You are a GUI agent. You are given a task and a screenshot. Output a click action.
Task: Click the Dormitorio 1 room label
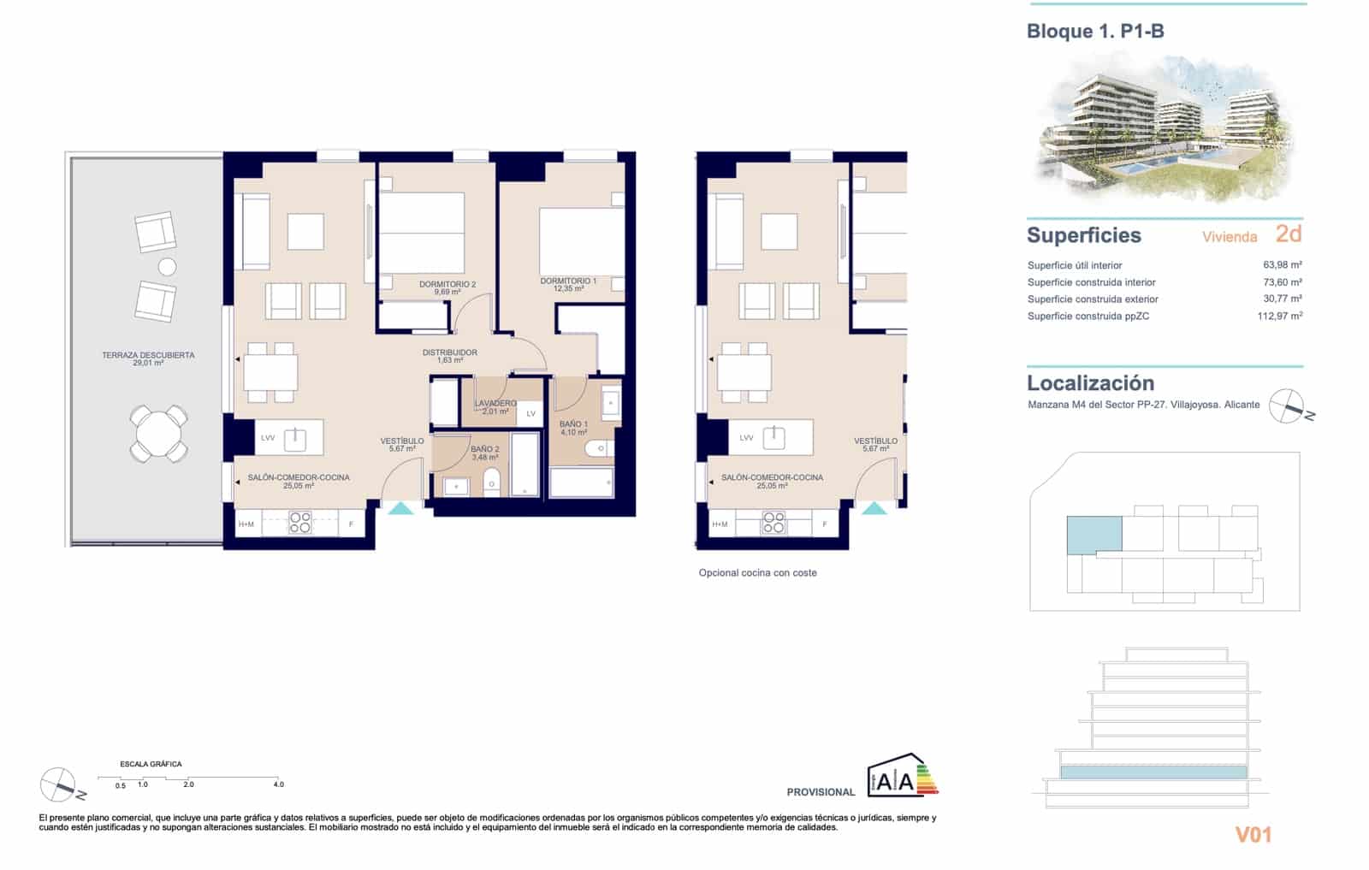point(568,281)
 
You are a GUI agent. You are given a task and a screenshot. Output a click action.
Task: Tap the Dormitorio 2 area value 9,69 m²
point(447,292)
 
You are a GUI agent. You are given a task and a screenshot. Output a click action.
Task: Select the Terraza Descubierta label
point(148,355)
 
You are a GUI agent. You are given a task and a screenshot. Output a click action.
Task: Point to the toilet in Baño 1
point(596,449)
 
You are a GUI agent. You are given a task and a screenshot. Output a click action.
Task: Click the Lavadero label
point(495,403)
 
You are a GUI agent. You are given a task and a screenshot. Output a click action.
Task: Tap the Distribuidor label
point(450,352)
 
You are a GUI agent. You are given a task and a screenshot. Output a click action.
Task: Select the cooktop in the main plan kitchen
point(299,522)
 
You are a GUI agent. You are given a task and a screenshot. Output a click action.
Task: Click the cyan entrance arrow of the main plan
point(400,508)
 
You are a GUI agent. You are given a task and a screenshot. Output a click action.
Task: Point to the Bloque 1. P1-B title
point(1095,32)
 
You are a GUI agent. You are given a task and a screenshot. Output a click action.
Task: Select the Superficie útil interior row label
point(1075,265)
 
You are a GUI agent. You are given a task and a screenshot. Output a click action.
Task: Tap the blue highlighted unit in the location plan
point(1093,534)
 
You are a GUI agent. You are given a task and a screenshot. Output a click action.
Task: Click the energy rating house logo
point(902,775)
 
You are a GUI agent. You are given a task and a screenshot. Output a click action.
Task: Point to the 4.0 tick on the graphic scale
point(278,784)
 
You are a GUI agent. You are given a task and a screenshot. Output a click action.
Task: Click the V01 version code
point(1253,835)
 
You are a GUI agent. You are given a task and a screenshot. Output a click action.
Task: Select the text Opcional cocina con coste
point(757,573)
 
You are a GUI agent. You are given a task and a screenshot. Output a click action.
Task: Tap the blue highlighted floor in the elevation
point(1153,772)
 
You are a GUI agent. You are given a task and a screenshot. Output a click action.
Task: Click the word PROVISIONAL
point(821,792)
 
